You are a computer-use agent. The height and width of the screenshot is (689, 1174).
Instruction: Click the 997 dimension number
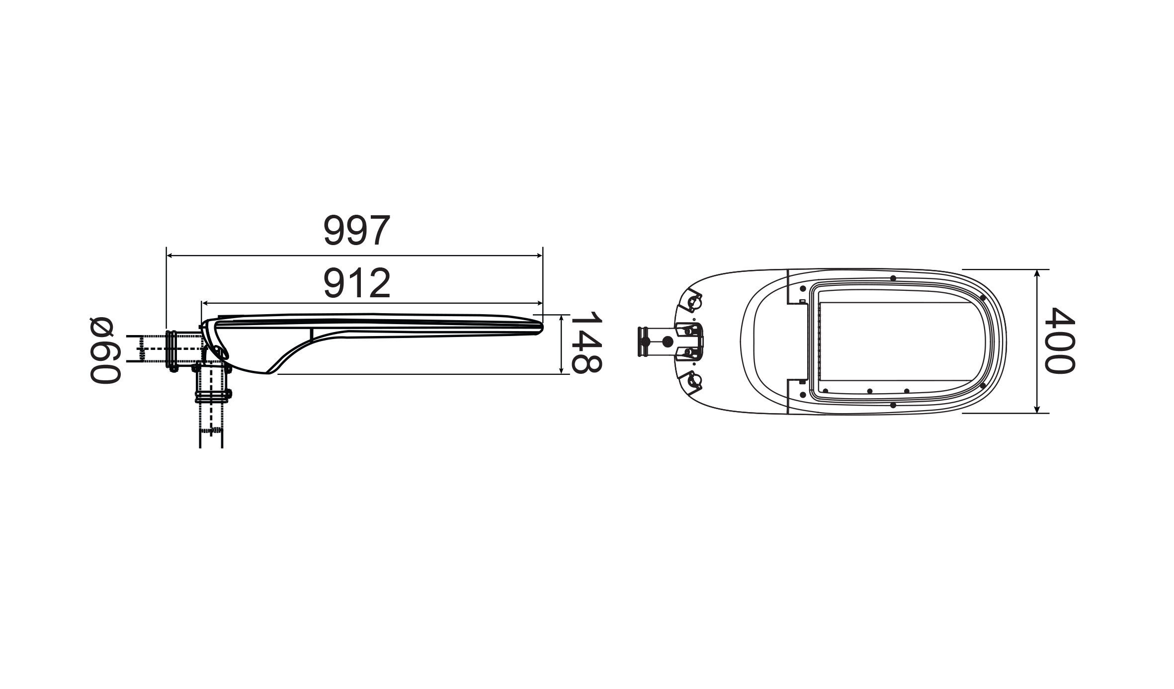point(356,231)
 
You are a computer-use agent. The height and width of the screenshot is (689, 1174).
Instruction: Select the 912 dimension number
point(357,283)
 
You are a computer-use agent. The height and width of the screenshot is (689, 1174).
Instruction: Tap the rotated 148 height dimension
point(586,344)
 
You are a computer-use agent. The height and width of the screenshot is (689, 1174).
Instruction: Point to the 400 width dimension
point(1059,340)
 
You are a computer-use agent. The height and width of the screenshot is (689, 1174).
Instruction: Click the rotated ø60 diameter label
point(105,350)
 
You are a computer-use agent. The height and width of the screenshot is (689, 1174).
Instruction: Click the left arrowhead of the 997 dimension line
point(169,256)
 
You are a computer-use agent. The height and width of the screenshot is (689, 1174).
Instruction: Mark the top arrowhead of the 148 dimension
point(561,319)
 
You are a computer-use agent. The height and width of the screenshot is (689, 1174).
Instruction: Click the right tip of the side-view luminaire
point(542,328)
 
